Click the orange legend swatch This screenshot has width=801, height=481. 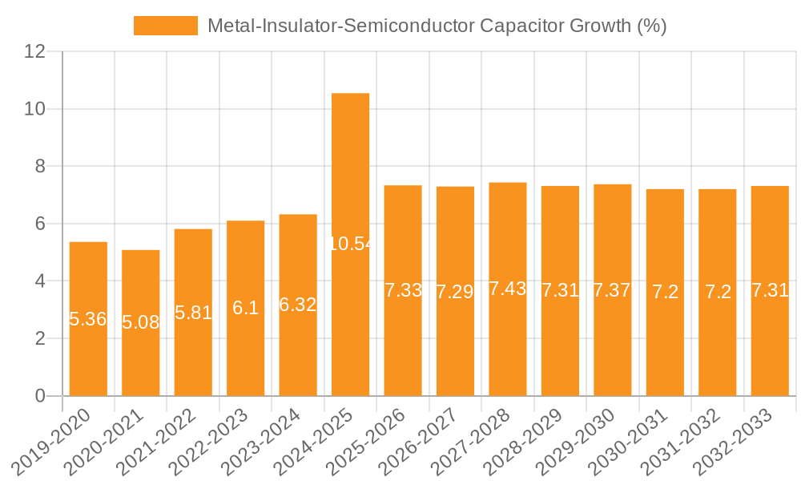click(x=165, y=26)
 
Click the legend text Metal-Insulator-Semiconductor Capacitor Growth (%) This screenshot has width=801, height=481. click(x=437, y=26)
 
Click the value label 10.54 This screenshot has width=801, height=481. click(x=351, y=244)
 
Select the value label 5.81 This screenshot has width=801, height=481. click(x=193, y=313)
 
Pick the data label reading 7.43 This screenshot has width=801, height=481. click(x=508, y=289)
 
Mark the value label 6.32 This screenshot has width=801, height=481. click(x=298, y=305)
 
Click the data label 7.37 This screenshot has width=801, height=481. click(x=613, y=290)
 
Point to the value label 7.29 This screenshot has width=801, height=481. click(x=455, y=292)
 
